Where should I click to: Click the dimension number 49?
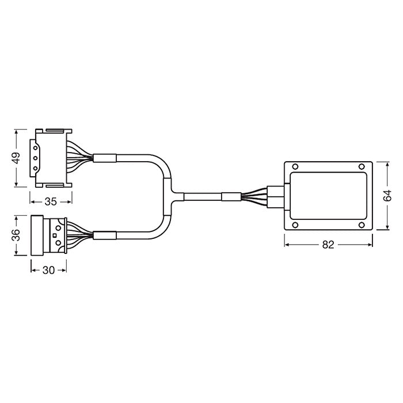16,158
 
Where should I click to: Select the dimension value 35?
51,201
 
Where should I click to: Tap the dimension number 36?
16,235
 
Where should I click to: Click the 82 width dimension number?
329,244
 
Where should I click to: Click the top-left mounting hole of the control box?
295,168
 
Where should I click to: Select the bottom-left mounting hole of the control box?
295,224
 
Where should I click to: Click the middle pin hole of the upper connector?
36,157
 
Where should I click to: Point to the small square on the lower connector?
54,235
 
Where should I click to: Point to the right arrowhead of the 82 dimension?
371,244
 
